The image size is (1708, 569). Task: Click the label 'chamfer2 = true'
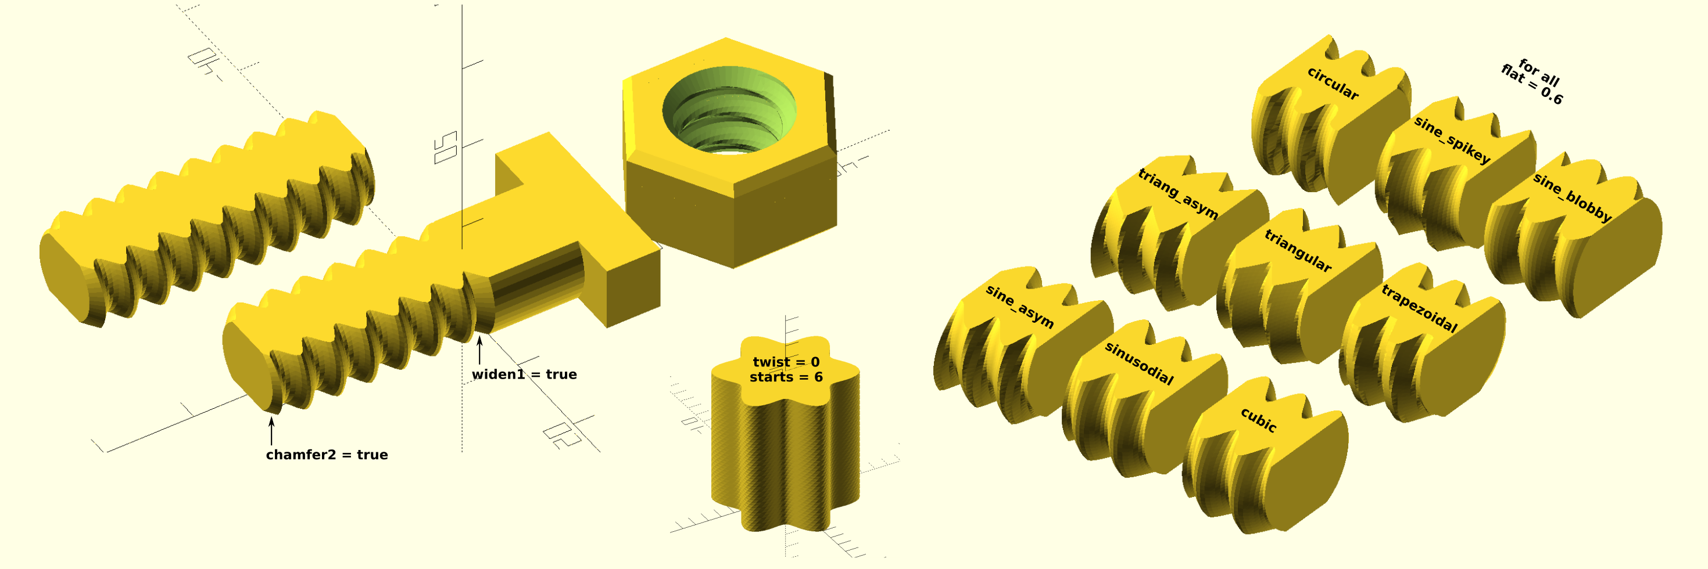coord(327,455)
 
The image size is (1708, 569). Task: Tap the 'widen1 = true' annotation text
coord(524,374)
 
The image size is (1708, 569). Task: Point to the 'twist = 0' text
coord(786,362)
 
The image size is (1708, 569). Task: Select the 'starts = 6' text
coord(786,377)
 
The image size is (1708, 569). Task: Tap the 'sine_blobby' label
coord(1572,197)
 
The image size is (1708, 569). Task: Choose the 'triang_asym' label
coord(1178,193)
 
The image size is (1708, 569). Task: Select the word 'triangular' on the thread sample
coord(1298,250)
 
